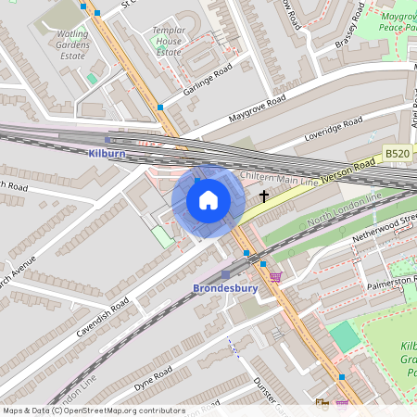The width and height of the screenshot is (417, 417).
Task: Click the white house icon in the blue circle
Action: [x=208, y=200]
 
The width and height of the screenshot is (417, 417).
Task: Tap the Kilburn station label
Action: [x=107, y=153]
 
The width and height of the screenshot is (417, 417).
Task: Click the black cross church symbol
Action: [x=264, y=196]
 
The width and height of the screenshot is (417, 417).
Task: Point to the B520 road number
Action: [x=397, y=154]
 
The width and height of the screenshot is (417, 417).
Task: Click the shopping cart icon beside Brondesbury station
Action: [x=275, y=276]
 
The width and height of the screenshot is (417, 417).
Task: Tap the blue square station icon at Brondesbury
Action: [x=225, y=274]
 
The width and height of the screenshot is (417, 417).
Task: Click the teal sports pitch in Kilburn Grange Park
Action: [x=344, y=335]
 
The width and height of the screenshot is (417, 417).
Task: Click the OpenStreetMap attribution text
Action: [x=93, y=411]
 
